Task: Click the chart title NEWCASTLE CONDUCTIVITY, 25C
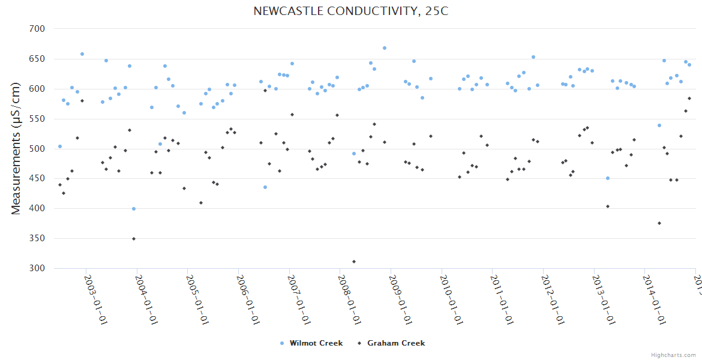(350, 11)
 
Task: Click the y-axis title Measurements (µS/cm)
(16, 149)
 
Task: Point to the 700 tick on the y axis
(37, 29)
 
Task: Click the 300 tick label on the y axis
(37, 268)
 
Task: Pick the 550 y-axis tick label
(37, 119)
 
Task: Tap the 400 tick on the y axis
(37, 209)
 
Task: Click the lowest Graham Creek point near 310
(354, 262)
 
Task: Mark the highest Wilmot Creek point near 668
(385, 48)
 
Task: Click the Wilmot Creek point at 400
(134, 209)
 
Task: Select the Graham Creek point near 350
(134, 239)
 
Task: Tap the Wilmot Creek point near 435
(265, 187)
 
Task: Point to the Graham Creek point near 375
(659, 223)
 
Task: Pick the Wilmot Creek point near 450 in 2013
(608, 178)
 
